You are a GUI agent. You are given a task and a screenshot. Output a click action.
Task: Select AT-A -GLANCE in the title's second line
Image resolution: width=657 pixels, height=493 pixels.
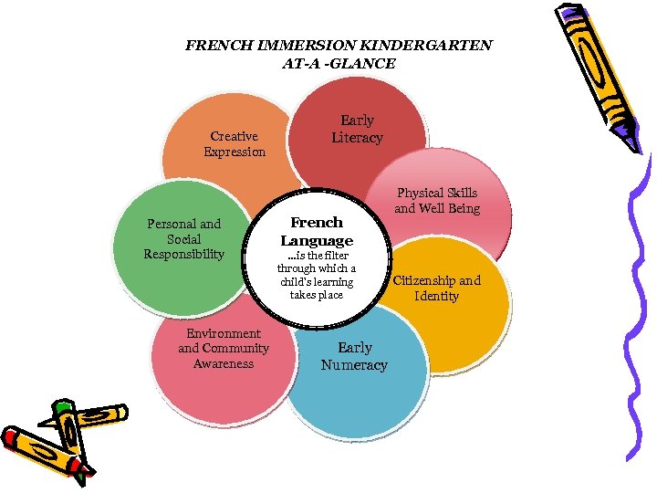(339, 63)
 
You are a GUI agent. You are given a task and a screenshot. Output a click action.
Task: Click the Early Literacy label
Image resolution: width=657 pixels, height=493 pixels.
(357, 129)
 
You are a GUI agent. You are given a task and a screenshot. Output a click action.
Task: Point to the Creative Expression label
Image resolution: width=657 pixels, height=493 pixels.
(235, 144)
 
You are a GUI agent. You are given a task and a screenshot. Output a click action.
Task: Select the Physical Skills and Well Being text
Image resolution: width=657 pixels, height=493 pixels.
(436, 201)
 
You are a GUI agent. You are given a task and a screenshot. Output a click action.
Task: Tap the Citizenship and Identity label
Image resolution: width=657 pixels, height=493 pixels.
(436, 288)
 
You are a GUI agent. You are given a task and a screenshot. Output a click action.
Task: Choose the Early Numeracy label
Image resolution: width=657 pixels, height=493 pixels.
(354, 356)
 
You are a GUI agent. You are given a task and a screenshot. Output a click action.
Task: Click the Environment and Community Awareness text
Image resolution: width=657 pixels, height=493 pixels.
(224, 349)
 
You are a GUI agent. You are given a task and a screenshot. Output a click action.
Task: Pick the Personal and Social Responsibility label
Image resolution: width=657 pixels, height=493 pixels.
(183, 238)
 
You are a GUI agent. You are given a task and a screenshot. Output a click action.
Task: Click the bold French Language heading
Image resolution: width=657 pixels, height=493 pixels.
(317, 231)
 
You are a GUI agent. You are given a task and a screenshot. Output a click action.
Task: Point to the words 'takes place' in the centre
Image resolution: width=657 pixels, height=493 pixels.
(317, 295)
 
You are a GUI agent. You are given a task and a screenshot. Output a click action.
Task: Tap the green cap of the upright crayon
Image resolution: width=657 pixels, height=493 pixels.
(62, 405)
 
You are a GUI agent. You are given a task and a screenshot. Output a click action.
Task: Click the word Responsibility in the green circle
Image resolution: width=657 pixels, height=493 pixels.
(183, 254)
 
